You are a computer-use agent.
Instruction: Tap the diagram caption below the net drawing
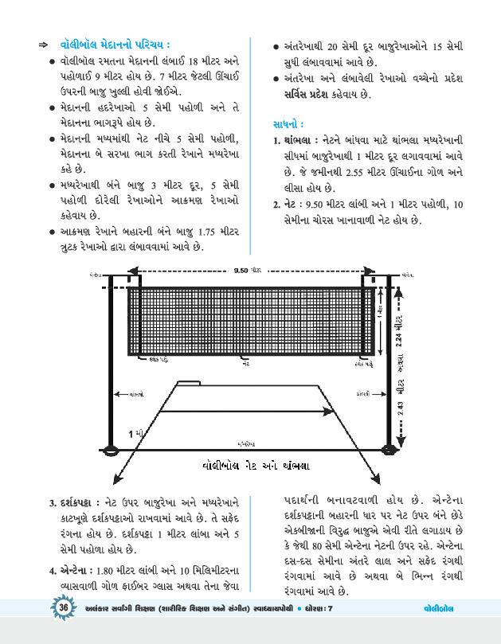[250, 465]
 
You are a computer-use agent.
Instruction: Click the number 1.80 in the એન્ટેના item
[109, 572]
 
